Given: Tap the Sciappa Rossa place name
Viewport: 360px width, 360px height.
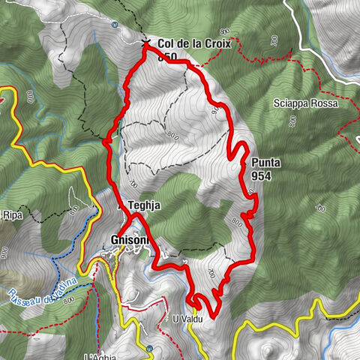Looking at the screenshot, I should pyautogui.click(x=305, y=103).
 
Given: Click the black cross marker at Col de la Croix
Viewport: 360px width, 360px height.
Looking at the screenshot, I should pyautogui.click(x=146, y=43).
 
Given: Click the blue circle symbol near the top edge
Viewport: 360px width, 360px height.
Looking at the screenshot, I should pyautogui.click(x=113, y=24).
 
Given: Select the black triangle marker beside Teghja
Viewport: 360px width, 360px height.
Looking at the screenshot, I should pyautogui.click(x=121, y=204).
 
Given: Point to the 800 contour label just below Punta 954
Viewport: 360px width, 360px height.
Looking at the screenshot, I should pyautogui.click(x=238, y=221).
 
